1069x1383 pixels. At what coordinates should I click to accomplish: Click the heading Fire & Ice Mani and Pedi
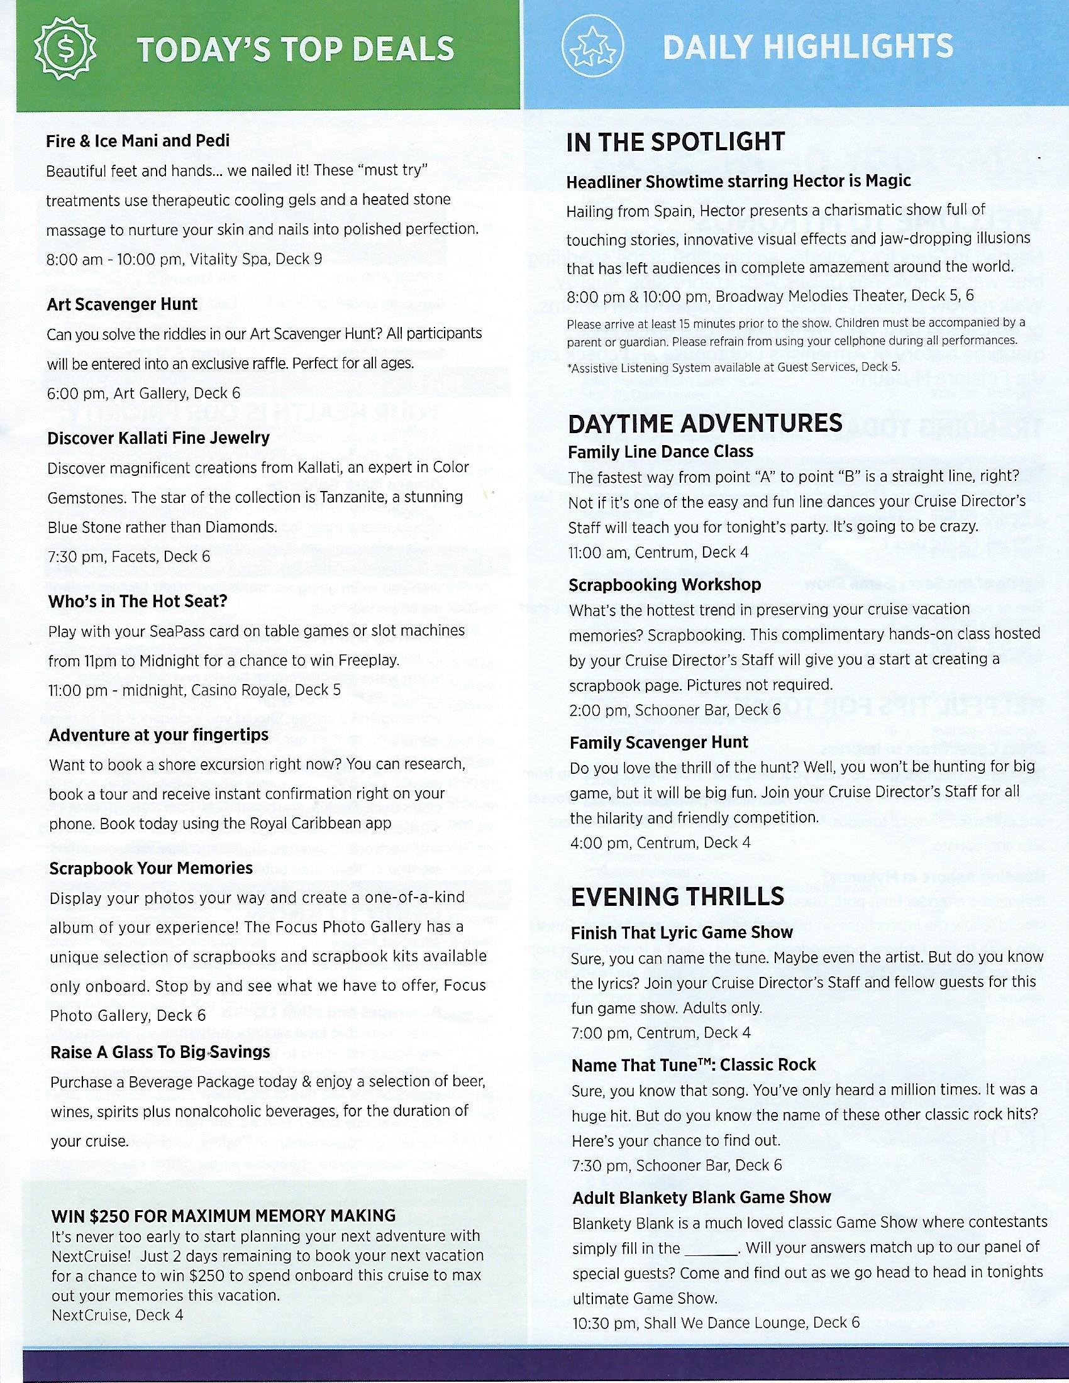pos(138,141)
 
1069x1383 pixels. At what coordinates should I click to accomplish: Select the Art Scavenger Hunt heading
pos(122,304)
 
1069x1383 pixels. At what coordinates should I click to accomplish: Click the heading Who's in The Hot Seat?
pos(138,601)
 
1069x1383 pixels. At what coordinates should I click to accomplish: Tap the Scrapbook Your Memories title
pos(151,868)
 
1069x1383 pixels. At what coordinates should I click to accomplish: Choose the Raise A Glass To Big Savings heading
pos(160,1052)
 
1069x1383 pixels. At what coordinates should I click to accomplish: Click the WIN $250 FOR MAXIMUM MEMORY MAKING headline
pos(224,1215)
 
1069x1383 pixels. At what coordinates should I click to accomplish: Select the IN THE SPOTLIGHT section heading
pos(675,143)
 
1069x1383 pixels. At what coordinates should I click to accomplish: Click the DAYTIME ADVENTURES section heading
pos(705,424)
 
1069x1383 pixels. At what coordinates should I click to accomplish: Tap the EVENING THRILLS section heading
pos(677,896)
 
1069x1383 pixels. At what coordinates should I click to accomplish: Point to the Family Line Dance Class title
pos(660,451)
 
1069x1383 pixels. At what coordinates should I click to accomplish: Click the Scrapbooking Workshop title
pos(664,584)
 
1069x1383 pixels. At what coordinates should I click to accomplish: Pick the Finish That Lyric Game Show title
pos(682,932)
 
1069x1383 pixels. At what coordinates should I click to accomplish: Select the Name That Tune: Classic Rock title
pos(694,1065)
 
